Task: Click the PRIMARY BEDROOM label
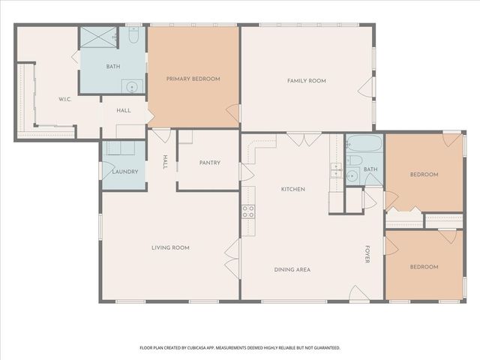pyautogui.click(x=193, y=78)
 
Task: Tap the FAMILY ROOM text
pyautogui.click(x=306, y=80)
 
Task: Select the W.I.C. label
pyautogui.click(x=64, y=100)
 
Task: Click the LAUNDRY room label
pyautogui.click(x=124, y=172)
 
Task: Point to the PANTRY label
pyautogui.click(x=209, y=163)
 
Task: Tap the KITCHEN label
pyautogui.click(x=292, y=189)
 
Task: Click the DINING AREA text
pyautogui.click(x=292, y=269)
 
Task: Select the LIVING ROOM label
pyautogui.click(x=170, y=247)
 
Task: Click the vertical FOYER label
pyautogui.click(x=367, y=254)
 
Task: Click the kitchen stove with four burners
pyautogui.click(x=247, y=211)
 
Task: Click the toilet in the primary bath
pyautogui.click(x=133, y=35)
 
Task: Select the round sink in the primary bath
pyautogui.click(x=133, y=85)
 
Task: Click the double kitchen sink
pyautogui.click(x=336, y=172)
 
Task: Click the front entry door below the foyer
pyautogui.click(x=357, y=293)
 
